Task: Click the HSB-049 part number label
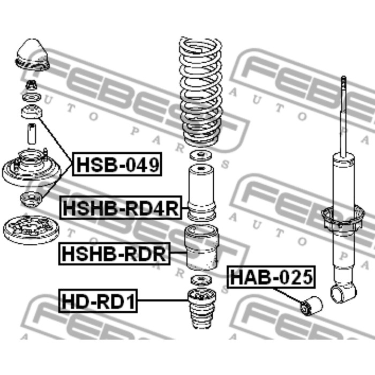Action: [116, 165]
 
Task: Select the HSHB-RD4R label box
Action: [122, 208]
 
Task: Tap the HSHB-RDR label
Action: [113, 254]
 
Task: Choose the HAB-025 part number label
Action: [271, 277]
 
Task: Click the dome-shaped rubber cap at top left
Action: [31, 56]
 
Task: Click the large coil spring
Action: [199, 91]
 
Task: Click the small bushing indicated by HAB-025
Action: [310, 306]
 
